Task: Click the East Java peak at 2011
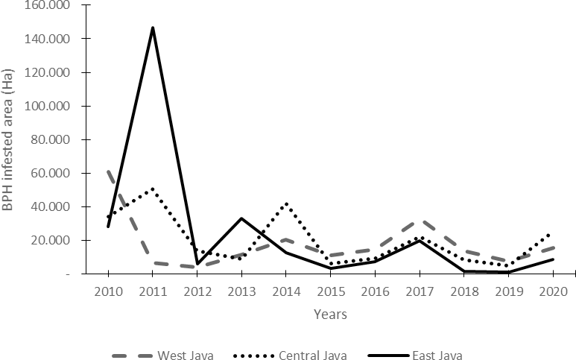point(153,28)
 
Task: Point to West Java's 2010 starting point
point(109,171)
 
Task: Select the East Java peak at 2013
point(241,218)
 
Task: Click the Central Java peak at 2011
point(153,189)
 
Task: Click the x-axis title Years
point(329,315)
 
